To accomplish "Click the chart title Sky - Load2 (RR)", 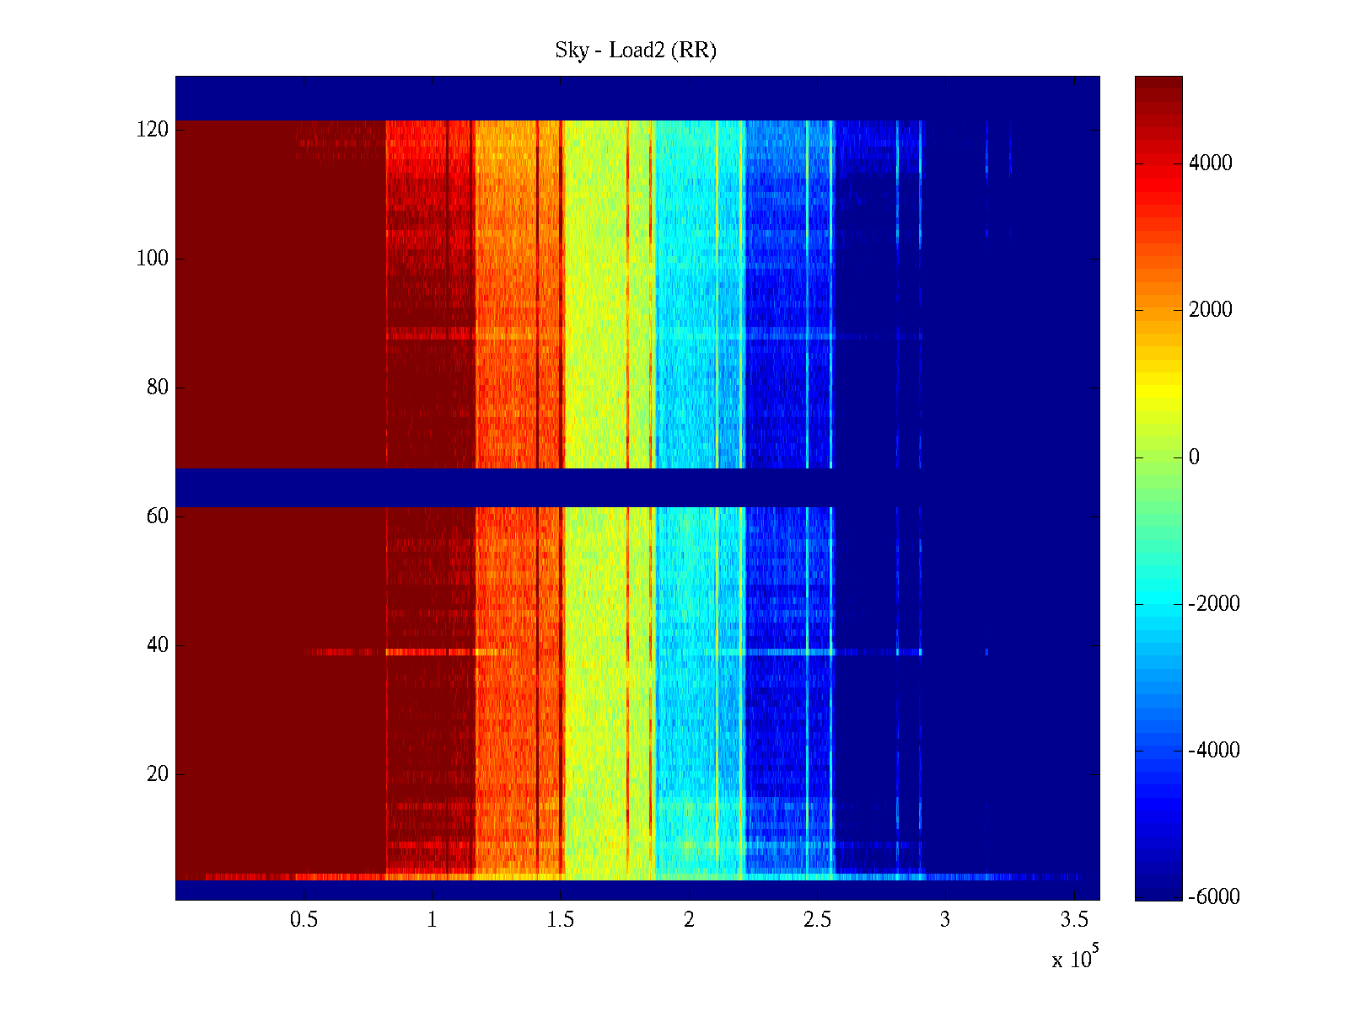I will [x=636, y=51].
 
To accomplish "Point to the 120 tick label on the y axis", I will [x=153, y=130].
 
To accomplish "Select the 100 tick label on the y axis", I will [x=153, y=259].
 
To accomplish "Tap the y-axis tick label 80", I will [x=158, y=388].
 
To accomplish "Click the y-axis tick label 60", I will [x=158, y=516].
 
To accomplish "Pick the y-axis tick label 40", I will [x=158, y=645].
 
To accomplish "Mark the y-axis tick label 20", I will [x=158, y=774].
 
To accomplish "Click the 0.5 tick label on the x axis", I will [x=304, y=920].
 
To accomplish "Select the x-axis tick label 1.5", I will [x=561, y=920].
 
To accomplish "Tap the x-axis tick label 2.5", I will [x=817, y=920].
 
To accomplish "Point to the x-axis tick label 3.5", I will [x=1074, y=920].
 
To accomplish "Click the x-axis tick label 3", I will [x=945, y=920].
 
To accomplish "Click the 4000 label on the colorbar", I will [x=1211, y=163].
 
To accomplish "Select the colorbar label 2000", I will [x=1211, y=310].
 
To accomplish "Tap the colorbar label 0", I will [x=1194, y=457].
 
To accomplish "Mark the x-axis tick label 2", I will [x=689, y=920].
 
